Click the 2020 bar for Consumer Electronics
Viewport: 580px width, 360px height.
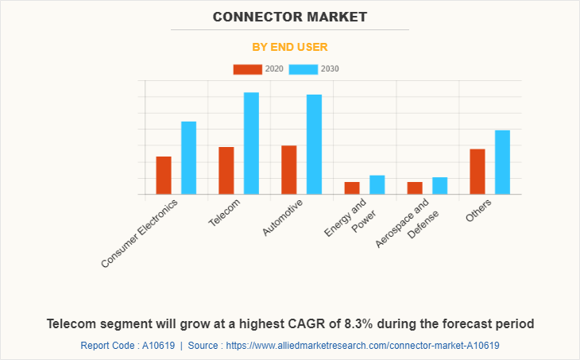pos(164,176)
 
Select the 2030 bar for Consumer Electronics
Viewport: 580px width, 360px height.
pos(188,158)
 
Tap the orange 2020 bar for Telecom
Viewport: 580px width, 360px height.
pos(226,171)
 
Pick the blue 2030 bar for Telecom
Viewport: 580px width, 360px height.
pos(251,144)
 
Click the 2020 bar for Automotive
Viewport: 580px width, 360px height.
pos(289,170)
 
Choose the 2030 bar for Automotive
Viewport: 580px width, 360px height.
pos(314,145)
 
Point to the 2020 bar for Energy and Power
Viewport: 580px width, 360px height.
pos(352,188)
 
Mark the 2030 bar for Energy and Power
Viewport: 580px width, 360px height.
pos(377,185)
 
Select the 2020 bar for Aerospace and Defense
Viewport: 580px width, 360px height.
pos(415,188)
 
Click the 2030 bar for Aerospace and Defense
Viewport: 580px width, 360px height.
pos(439,186)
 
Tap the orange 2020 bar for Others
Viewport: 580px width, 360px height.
pos(478,172)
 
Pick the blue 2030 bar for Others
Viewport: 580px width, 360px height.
pos(502,162)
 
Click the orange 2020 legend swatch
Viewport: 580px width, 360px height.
pos(247,69)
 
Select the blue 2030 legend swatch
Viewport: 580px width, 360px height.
pos(304,69)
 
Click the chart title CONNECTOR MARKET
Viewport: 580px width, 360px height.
pos(290,16)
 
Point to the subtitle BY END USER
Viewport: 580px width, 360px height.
pos(290,47)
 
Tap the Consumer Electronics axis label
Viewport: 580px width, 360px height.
pos(141,232)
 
